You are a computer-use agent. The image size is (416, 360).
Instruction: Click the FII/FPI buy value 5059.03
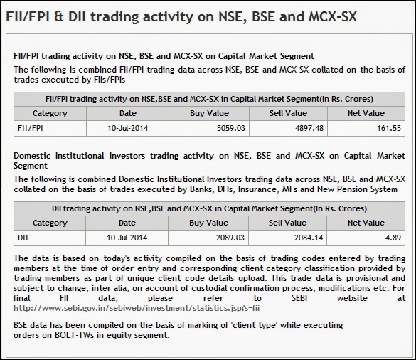pyautogui.click(x=231, y=129)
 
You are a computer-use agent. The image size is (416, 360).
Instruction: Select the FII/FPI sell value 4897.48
pyautogui.click(x=309, y=129)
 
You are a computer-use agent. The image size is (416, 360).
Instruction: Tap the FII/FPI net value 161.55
pyautogui.click(x=389, y=129)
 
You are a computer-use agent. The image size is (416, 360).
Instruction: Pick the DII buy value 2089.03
pyautogui.click(x=230, y=238)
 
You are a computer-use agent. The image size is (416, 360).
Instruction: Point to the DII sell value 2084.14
pyautogui.click(x=309, y=238)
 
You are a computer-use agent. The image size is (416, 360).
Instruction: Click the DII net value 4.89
pyautogui.click(x=393, y=238)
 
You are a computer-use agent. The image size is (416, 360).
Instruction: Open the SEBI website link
pyautogui.click(x=137, y=308)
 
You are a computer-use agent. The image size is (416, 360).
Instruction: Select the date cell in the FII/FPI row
pyautogui.click(x=127, y=129)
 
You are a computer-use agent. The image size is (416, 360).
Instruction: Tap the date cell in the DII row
pyautogui.click(x=127, y=238)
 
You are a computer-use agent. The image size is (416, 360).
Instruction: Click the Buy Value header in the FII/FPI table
pyautogui.click(x=209, y=113)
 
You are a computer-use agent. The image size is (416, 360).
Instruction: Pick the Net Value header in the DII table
pyautogui.click(x=366, y=223)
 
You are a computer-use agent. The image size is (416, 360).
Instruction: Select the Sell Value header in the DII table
pyautogui.click(x=287, y=223)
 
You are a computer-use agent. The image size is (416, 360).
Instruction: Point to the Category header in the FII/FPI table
pyautogui.click(x=50, y=114)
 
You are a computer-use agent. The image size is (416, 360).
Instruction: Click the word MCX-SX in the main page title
pyautogui.click(x=333, y=16)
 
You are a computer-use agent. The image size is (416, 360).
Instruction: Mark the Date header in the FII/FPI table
pyautogui.click(x=127, y=113)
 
